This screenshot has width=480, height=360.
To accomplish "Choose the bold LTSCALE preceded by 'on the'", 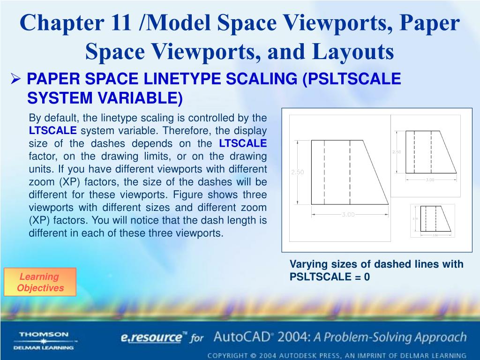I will click(x=243, y=143).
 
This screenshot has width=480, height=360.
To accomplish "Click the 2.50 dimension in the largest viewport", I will click(x=298, y=172).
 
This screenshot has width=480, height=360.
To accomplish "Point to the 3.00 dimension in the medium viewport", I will click(x=430, y=180).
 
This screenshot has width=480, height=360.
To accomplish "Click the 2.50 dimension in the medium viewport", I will click(x=396, y=152).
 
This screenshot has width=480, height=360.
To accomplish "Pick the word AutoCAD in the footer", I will click(x=242, y=337).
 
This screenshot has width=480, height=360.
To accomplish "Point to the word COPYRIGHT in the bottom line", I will click(x=230, y=355).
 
